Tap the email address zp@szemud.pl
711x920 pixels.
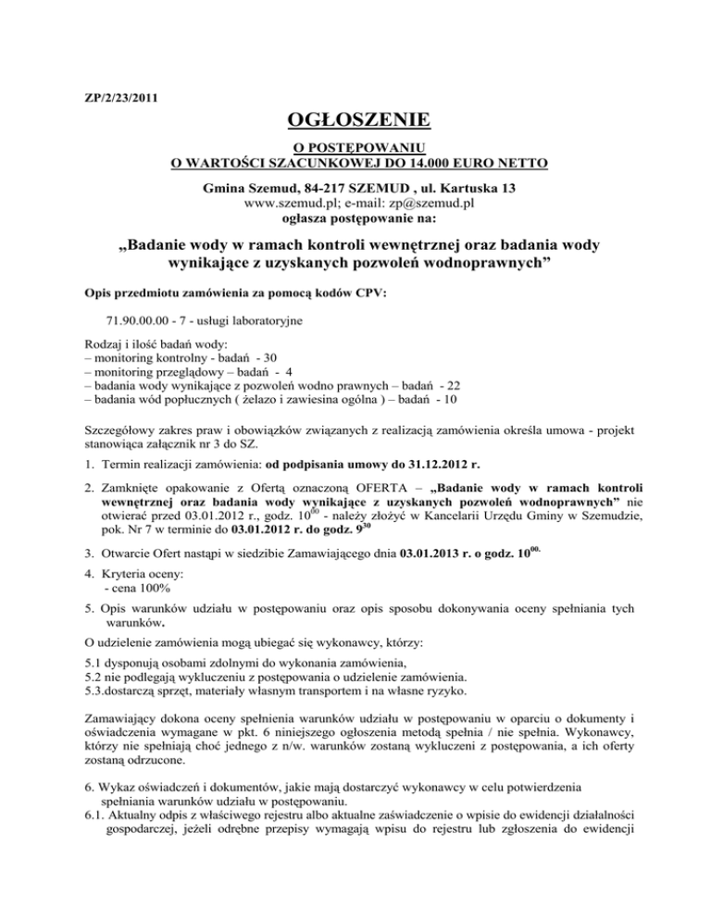[x=427, y=205]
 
